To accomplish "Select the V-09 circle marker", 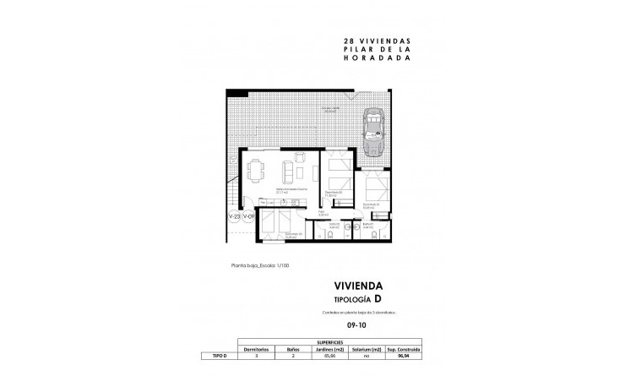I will pos(249,217).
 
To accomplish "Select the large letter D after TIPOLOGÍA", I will pos(389,299).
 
